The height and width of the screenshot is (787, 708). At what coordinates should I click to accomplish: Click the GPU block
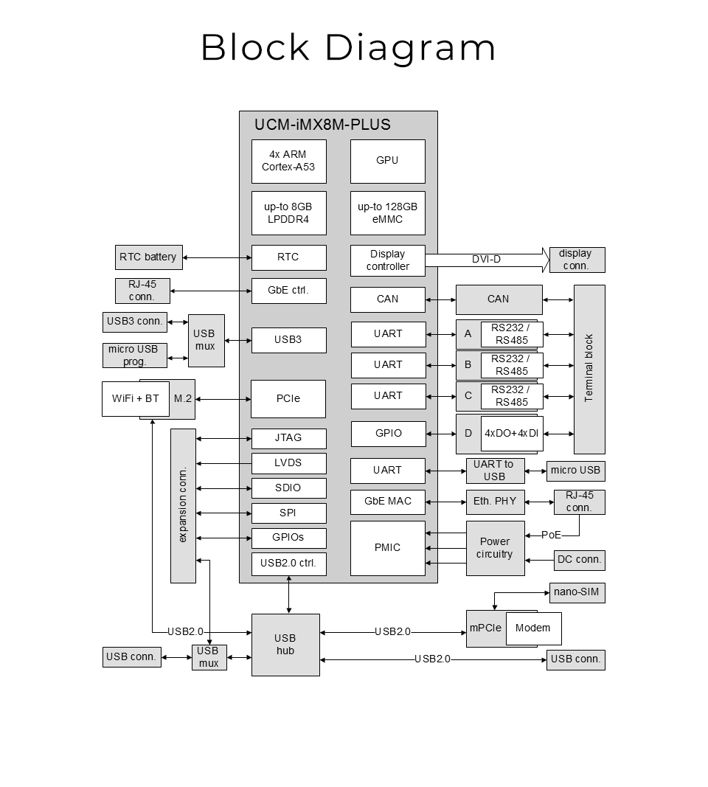pyautogui.click(x=387, y=161)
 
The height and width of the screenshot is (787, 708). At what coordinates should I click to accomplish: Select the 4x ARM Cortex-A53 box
pyautogui.click(x=288, y=161)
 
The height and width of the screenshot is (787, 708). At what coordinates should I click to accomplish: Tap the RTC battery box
pyautogui.click(x=148, y=257)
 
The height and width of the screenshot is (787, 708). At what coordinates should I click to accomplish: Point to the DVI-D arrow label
pyautogui.click(x=486, y=260)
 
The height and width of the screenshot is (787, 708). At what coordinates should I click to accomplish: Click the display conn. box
pyautogui.click(x=577, y=260)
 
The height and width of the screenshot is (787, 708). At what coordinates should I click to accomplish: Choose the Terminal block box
pyautogui.click(x=589, y=369)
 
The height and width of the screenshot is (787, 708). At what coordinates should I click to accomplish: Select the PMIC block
pyautogui.click(x=387, y=548)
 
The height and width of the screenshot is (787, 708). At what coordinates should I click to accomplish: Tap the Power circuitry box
pyautogui.click(x=495, y=548)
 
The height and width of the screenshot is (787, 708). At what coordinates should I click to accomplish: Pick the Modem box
pyautogui.click(x=533, y=628)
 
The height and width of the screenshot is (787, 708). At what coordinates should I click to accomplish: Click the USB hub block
pyautogui.click(x=285, y=645)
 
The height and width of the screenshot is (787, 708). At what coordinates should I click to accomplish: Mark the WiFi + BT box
pyautogui.click(x=136, y=399)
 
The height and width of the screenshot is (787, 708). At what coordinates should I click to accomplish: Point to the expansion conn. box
pyautogui.click(x=183, y=505)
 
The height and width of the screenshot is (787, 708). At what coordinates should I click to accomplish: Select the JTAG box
pyautogui.click(x=288, y=438)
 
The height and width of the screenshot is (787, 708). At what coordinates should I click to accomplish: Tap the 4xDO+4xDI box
pyautogui.click(x=512, y=434)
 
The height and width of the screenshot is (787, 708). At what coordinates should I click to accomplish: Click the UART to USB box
pyautogui.click(x=495, y=471)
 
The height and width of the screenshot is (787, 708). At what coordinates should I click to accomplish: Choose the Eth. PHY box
pyautogui.click(x=495, y=502)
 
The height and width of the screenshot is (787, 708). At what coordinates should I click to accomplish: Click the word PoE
pyautogui.click(x=551, y=535)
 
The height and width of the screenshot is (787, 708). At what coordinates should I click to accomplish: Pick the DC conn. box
pyautogui.click(x=579, y=560)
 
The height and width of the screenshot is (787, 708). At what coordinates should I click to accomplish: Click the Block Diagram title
pyautogui.click(x=348, y=48)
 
